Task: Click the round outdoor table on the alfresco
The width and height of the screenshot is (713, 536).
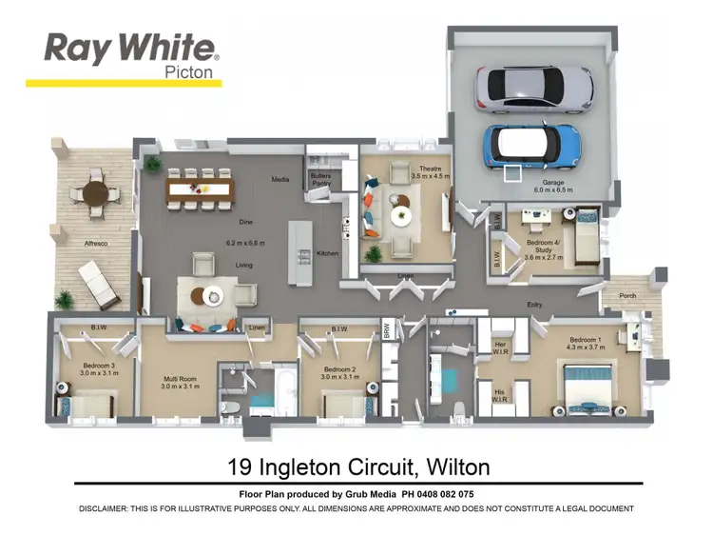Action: pyautogui.click(x=97, y=193)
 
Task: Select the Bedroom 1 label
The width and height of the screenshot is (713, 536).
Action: pyautogui.click(x=585, y=340)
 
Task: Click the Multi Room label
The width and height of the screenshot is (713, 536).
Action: pyautogui.click(x=178, y=379)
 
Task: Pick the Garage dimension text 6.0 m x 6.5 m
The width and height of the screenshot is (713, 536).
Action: pyautogui.click(x=553, y=189)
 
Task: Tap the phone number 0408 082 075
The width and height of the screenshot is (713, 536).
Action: pyautogui.click(x=446, y=494)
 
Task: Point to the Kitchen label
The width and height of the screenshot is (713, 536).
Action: pyautogui.click(x=327, y=253)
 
